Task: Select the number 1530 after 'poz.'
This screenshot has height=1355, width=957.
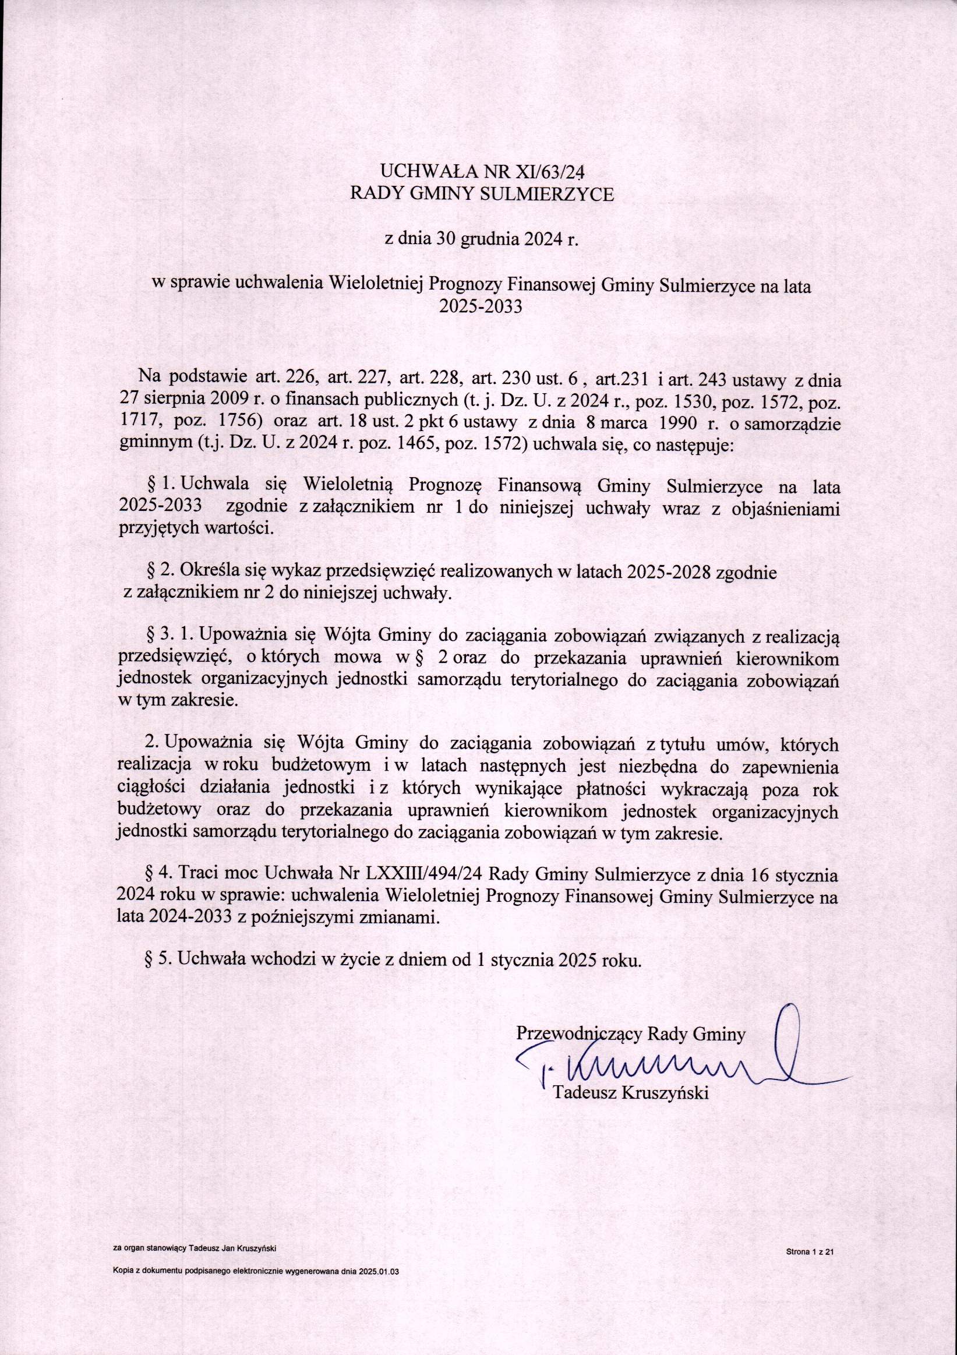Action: tap(694, 399)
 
